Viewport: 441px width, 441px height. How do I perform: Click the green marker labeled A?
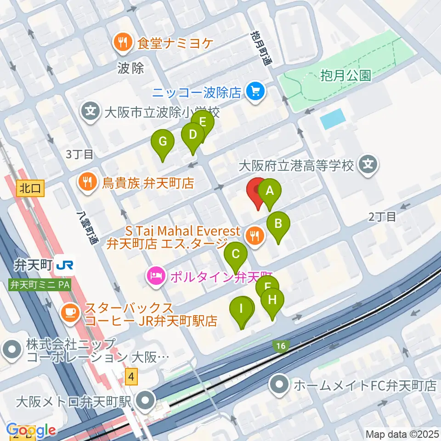(270, 190)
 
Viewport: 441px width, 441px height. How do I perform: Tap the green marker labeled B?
(278, 224)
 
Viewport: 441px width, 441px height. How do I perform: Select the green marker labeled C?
(236, 254)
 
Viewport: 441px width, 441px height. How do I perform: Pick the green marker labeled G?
(162, 141)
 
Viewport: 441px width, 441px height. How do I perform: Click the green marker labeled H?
(272, 300)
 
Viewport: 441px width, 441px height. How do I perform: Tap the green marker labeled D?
(192, 135)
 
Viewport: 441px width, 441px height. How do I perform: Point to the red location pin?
(257, 190)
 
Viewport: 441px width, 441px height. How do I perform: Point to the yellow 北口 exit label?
(31, 188)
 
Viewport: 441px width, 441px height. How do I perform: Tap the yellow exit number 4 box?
(132, 377)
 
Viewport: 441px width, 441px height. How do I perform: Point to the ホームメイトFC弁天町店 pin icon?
(279, 384)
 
